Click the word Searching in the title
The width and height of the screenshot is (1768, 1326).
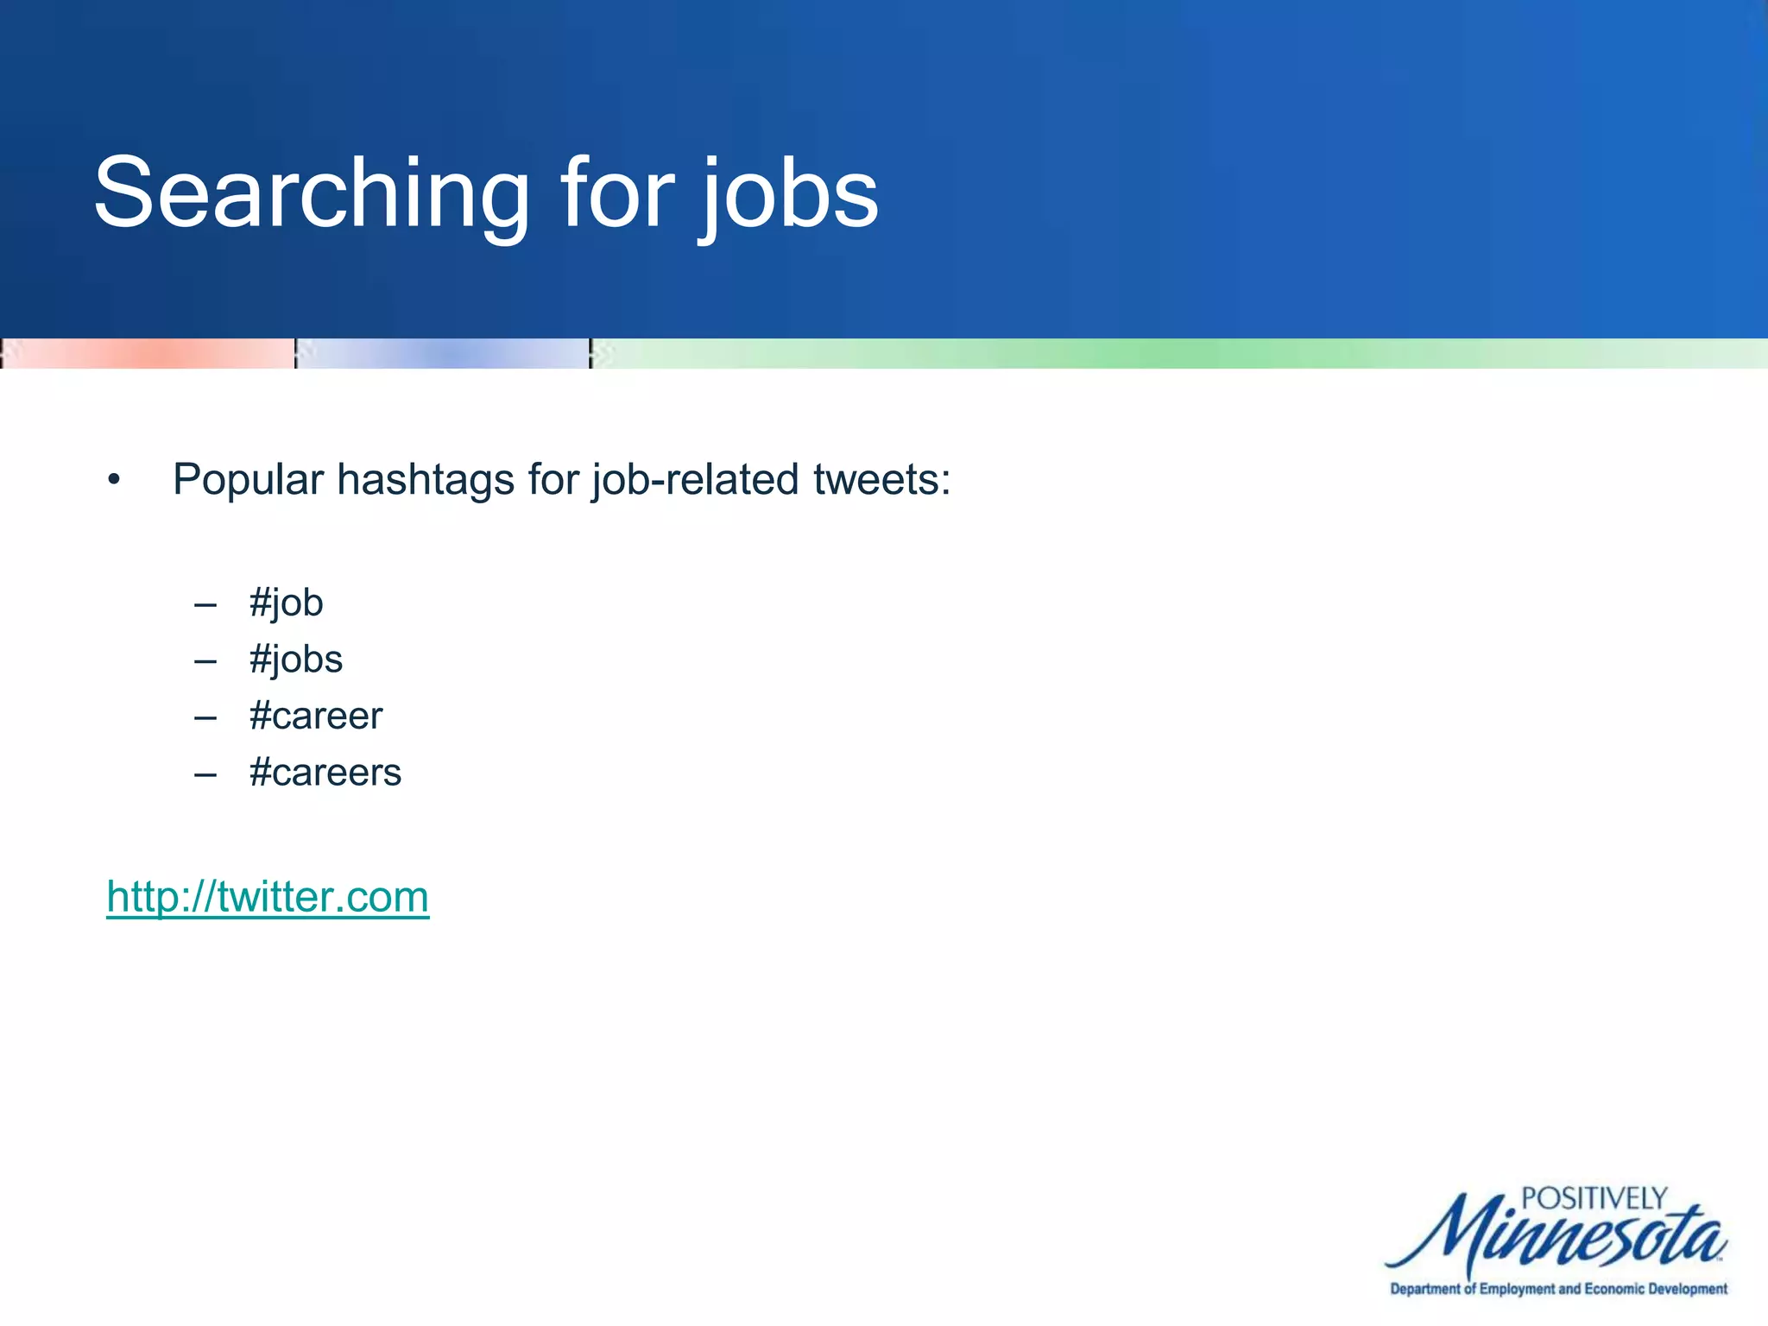pyautogui.click(x=312, y=193)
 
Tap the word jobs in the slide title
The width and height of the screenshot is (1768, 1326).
pyautogui.click(x=789, y=193)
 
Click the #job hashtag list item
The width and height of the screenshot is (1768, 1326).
pyautogui.click(x=286, y=603)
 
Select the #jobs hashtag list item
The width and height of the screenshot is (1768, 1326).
pyautogui.click(x=295, y=660)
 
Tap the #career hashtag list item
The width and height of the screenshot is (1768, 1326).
pyautogui.click(x=315, y=716)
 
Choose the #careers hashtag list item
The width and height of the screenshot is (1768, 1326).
pyautogui.click(x=325, y=773)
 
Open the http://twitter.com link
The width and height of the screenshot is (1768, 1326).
pyautogui.click(x=268, y=896)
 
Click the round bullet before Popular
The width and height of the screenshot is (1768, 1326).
pyautogui.click(x=114, y=480)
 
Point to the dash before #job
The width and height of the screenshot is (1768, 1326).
pyautogui.click(x=205, y=605)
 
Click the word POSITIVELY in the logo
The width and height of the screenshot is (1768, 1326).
pyautogui.click(x=1594, y=1198)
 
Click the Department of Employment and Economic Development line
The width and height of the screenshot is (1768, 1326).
pyautogui.click(x=1558, y=1289)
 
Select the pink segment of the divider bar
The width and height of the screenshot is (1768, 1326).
pyautogui.click(x=148, y=354)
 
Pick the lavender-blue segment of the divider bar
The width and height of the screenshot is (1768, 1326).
pyautogui.click(x=443, y=354)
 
